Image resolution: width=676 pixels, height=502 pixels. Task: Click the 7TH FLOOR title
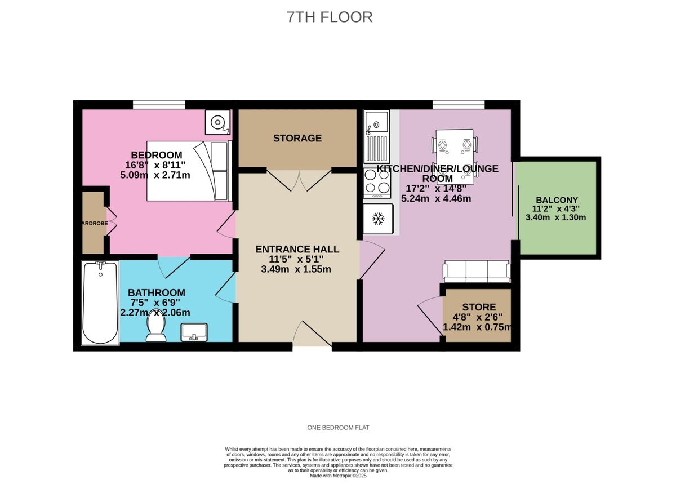coord(330,17)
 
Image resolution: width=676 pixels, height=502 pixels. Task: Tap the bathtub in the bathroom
coord(100,303)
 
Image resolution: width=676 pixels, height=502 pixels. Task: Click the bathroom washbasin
coord(195,332)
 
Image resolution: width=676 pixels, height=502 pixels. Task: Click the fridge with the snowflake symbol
coord(376,218)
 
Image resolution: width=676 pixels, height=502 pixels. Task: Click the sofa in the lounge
coord(477,272)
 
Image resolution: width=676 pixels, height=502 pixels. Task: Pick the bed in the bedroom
coord(188,171)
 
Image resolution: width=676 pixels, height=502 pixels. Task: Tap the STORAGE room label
coord(297,138)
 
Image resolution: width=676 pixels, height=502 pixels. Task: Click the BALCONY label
coord(557,200)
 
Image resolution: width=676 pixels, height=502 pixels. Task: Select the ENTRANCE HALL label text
coord(297,249)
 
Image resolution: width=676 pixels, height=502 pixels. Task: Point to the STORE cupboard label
coord(479,307)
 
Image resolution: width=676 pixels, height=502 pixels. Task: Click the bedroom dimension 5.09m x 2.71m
coord(155,175)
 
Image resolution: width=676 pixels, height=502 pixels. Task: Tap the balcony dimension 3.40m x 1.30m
coord(555,217)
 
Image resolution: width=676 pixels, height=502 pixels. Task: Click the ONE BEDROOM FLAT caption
coord(338,428)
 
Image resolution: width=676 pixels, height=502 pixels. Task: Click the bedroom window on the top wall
coord(159,104)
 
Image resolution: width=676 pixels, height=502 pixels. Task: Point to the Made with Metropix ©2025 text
coord(338,476)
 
